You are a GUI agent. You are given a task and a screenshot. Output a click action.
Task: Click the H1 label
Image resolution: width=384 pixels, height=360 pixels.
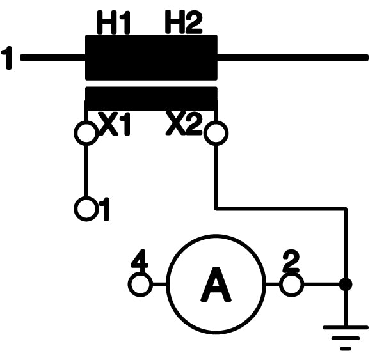113,24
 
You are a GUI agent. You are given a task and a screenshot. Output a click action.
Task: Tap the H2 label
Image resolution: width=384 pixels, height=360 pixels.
183,24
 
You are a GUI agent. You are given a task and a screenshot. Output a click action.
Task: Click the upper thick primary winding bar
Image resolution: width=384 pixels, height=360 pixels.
151,58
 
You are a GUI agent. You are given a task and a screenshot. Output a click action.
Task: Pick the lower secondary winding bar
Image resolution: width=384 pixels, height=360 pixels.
151,98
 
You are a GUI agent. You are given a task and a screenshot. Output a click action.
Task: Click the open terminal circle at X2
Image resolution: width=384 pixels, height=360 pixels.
216,133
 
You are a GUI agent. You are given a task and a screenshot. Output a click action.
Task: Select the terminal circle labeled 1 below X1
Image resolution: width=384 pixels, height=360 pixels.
85,208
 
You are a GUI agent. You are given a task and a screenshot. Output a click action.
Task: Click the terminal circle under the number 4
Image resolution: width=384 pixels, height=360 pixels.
140,285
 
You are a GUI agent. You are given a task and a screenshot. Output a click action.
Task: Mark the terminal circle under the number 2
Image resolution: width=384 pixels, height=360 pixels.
291,285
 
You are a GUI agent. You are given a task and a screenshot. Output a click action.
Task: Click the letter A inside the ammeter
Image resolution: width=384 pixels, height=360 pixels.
216,285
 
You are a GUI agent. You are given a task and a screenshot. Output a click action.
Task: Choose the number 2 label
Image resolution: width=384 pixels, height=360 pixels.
291,260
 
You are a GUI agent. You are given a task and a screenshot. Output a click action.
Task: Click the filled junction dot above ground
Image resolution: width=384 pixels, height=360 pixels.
345,285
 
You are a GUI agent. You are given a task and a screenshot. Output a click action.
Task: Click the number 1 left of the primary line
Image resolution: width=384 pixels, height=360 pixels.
8,58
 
